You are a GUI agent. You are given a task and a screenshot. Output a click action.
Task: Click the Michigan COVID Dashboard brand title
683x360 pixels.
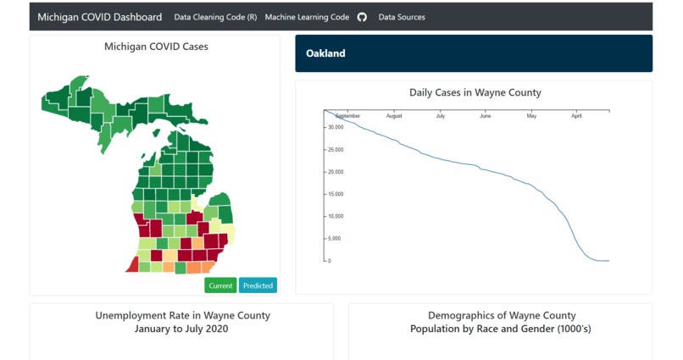[99, 17]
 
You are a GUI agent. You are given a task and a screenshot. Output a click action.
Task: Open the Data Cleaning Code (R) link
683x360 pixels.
[215, 17]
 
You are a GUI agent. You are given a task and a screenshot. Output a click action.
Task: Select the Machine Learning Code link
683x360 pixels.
[307, 17]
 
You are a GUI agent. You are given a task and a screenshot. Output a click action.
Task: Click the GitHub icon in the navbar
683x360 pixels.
[363, 17]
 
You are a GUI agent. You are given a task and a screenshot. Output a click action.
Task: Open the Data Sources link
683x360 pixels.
[402, 17]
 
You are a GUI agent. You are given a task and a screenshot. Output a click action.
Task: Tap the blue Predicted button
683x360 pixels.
[258, 285]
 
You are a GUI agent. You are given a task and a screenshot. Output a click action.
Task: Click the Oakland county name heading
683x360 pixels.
[325, 53]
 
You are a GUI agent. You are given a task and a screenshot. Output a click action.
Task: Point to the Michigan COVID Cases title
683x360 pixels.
[156, 47]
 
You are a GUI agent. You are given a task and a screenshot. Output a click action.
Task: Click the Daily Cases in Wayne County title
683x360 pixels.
[475, 92]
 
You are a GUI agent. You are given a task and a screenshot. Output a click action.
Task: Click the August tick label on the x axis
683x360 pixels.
[394, 116]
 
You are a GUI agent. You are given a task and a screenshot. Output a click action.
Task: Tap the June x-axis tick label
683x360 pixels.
[485, 116]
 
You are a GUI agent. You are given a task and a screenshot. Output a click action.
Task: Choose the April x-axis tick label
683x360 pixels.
[576, 116]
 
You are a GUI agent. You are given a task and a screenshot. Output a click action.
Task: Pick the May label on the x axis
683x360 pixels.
[531, 116]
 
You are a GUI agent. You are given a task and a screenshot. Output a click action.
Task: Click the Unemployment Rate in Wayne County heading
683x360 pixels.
[182, 316]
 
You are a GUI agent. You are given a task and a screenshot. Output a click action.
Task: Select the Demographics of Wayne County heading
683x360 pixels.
[501, 316]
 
